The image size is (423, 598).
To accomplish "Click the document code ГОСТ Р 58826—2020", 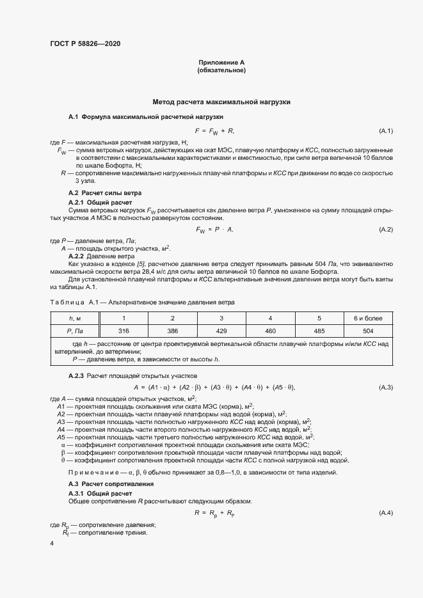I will [x=84, y=43].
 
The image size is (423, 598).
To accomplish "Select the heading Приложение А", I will [x=221, y=62].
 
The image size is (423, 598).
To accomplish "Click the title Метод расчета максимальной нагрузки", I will [x=221, y=102].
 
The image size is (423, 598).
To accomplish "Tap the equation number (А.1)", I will [x=386, y=131].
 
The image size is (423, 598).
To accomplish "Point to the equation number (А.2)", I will [x=386, y=229].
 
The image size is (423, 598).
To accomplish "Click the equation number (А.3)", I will [x=386, y=388].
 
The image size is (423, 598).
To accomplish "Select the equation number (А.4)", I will [x=386, y=513].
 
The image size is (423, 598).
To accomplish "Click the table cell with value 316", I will [x=124, y=331].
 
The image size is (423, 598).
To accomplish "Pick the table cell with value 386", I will [x=172, y=331].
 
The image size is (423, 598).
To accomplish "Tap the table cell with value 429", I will [x=221, y=331].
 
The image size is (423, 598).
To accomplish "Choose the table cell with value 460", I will [x=270, y=331].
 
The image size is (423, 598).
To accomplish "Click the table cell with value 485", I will [x=319, y=331].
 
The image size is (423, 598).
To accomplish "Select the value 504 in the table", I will [x=368, y=331].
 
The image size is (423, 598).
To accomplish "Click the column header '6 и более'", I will [x=368, y=318].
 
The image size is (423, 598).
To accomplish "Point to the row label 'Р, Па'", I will [x=75, y=331].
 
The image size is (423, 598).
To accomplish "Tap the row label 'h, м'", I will [x=75, y=318].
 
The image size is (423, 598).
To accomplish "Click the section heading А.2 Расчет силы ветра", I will [x=105, y=193].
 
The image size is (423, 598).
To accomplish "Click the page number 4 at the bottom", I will [x=52, y=542].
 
